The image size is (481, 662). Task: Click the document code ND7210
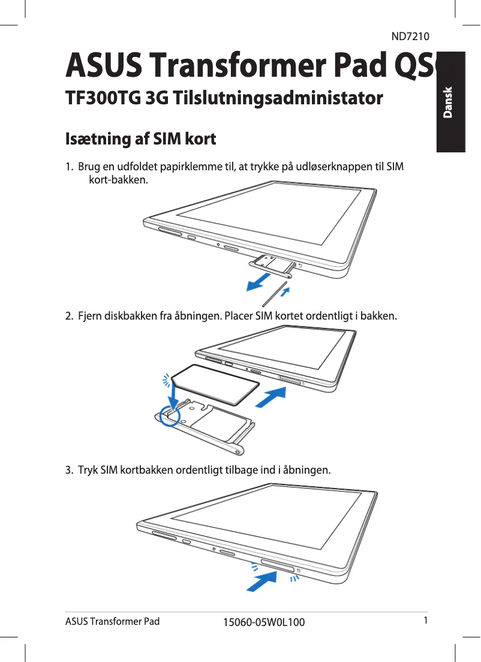(410, 37)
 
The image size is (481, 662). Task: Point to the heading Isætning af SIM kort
(140, 140)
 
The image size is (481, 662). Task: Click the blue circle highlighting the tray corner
(170, 414)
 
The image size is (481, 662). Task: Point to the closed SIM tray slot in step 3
(277, 566)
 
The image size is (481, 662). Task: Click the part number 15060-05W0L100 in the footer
(263, 622)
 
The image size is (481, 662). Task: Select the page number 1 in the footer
(424, 620)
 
